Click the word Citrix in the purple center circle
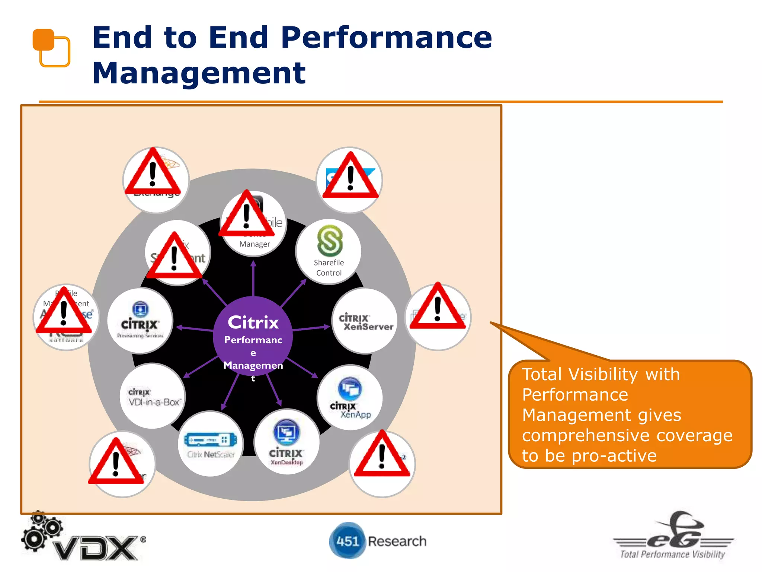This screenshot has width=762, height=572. click(x=253, y=322)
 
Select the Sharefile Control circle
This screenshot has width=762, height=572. click(x=329, y=252)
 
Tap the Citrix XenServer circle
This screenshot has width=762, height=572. click(x=365, y=321)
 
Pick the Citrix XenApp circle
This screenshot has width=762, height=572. click(x=350, y=398)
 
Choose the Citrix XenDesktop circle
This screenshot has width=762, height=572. click(x=286, y=442)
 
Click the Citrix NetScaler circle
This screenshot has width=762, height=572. click(x=211, y=444)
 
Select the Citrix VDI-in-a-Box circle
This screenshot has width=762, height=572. click(x=153, y=396)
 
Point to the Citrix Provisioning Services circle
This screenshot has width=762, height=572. click(x=140, y=321)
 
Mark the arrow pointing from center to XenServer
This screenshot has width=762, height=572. click(x=311, y=328)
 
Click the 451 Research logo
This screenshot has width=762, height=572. click(x=378, y=541)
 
